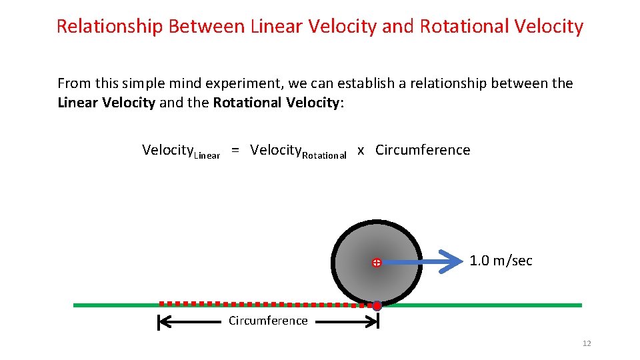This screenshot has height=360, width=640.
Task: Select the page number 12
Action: (587, 343)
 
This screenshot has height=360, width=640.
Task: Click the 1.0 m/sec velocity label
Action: (501, 261)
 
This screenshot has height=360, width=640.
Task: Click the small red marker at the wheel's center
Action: (376, 263)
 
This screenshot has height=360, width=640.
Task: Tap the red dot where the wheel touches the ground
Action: (377, 305)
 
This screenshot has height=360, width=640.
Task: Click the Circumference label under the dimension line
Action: (268, 321)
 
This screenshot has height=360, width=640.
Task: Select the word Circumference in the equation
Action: (423, 150)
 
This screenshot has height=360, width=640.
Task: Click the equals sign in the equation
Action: (236, 151)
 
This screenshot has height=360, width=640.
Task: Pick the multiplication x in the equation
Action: (361, 151)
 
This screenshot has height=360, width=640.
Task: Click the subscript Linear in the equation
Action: (207, 155)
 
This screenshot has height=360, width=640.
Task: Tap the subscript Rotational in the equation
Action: (325, 155)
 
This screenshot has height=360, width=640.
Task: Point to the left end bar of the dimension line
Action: (159, 323)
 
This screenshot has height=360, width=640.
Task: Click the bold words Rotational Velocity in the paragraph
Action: (276, 103)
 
